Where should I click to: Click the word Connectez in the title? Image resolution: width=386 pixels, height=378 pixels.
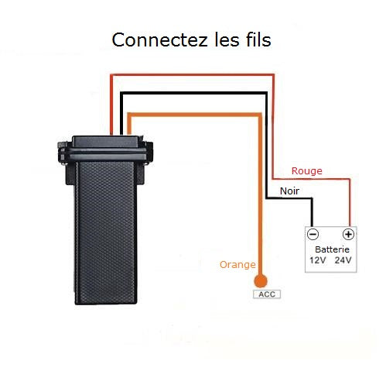(159, 40)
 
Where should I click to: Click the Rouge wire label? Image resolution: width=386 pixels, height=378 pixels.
(307, 171)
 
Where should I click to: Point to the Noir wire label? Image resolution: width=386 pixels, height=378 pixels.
(289, 191)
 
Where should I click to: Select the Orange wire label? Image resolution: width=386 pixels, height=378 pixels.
(237, 265)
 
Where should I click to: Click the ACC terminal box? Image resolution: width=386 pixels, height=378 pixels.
(267, 294)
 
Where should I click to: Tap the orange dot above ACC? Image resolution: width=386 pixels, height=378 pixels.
(261, 281)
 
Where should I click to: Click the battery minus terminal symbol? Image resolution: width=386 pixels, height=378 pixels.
(313, 234)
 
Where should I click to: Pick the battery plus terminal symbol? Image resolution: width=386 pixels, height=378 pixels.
(348, 234)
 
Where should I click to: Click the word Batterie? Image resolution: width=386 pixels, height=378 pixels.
(332, 249)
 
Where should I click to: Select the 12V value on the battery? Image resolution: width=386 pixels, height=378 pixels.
(318, 260)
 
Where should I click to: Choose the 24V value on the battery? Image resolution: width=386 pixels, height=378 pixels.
(343, 260)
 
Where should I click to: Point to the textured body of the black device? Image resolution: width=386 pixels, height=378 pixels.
(106, 232)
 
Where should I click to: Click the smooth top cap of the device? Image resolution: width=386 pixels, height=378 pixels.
(106, 142)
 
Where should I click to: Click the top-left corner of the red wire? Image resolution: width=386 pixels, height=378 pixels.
(111, 75)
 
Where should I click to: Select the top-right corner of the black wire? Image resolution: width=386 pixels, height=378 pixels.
(266, 94)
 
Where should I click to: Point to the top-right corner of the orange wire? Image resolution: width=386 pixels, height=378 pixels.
(260, 115)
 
